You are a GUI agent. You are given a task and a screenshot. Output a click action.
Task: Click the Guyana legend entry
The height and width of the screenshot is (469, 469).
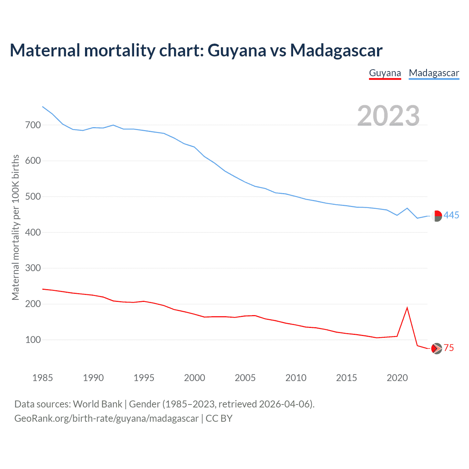pos(385,73)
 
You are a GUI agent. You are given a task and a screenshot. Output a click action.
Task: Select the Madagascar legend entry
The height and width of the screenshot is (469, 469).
pos(434,73)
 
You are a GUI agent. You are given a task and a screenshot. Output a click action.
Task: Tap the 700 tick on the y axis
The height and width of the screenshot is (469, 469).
pos(33,125)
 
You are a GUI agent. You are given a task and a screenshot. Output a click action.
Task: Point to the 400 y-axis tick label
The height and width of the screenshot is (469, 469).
pos(33,232)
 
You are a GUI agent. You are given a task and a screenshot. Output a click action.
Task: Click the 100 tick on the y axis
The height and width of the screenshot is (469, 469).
pos(33,340)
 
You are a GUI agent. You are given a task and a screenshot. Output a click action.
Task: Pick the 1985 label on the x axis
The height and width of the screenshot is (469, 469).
pos(43,378)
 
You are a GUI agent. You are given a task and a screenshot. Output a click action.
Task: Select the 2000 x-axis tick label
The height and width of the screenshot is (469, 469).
pos(195,378)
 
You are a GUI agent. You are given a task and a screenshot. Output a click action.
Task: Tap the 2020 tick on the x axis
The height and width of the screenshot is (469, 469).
pos(397,378)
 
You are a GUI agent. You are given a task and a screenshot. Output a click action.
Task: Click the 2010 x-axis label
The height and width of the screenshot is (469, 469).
pos(296,378)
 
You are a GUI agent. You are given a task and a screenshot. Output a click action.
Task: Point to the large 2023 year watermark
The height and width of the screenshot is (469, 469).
pos(388,116)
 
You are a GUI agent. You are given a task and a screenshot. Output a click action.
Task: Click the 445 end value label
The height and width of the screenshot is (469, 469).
pos(451,215)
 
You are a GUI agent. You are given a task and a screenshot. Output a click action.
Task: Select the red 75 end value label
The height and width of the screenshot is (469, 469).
pos(449,348)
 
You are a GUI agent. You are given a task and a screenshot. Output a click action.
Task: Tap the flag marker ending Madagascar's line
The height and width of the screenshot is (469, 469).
pos(436,216)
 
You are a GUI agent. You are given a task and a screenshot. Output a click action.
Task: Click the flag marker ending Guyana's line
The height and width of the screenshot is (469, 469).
pos(436,348)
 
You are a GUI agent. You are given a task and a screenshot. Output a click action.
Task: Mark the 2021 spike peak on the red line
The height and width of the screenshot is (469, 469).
pos(407,308)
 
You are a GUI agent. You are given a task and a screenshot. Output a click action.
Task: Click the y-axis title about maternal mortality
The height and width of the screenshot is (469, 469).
pos(15,227)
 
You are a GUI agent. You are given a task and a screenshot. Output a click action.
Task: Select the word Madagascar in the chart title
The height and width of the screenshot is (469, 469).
pos(336,50)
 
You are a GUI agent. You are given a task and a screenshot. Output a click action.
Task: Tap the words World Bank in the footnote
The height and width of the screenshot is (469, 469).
pos(97,404)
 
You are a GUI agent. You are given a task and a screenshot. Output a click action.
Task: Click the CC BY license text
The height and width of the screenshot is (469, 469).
pos(219,418)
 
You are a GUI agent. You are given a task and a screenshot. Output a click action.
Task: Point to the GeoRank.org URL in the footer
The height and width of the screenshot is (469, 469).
pos(106,418)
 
